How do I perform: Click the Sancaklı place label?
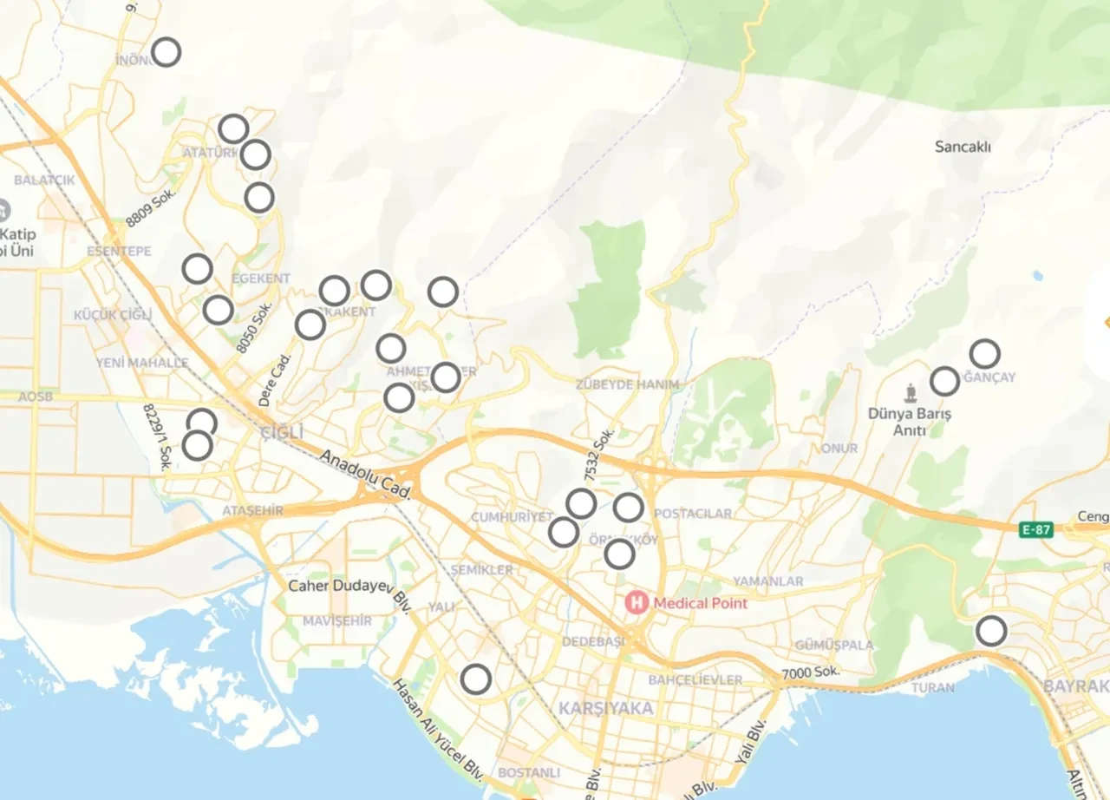[963, 147]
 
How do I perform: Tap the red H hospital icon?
[637, 602]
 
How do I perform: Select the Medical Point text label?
[700, 602]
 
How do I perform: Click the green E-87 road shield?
[1036, 529]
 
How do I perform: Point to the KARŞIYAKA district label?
[605, 708]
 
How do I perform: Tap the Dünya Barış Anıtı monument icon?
[910, 392]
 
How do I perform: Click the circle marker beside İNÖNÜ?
[166, 52]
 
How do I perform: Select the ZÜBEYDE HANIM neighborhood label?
[628, 384]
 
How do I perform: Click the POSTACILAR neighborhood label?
[693, 514]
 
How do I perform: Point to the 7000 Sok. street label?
[810, 672]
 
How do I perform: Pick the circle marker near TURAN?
[991, 631]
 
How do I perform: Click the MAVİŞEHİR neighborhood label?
[337, 621]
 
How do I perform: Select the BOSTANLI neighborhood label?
[529, 772]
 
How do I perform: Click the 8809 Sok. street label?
[151, 209]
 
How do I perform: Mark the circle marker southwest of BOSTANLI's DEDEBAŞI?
[475, 679]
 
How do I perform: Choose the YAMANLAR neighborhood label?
[767, 580]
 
